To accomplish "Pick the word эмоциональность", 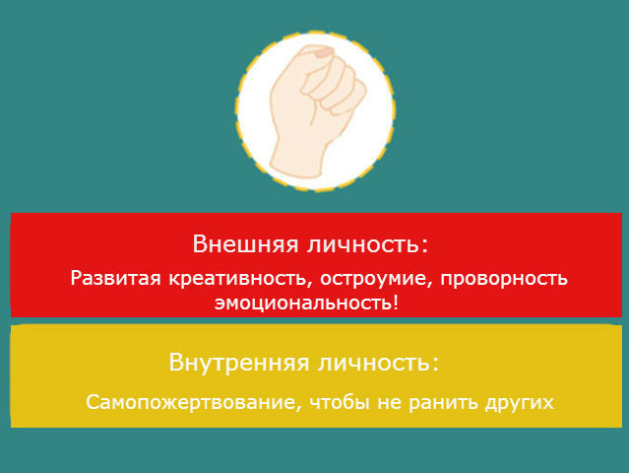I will click(302, 302).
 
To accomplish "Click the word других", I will click(520, 402).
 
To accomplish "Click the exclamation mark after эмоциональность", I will click(396, 302).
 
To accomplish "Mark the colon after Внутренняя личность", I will click(436, 364).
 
